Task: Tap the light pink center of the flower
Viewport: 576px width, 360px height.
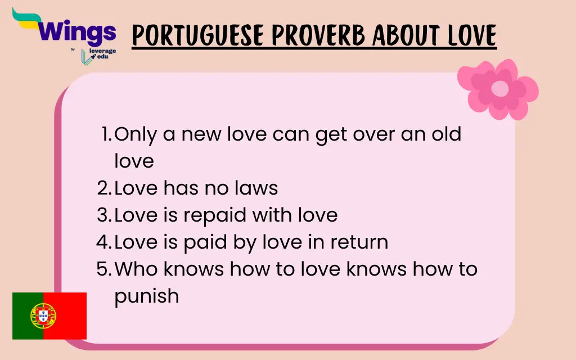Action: tap(499, 89)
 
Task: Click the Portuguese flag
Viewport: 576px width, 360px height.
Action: tap(49, 316)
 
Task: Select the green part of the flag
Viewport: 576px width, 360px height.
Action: tap(26, 316)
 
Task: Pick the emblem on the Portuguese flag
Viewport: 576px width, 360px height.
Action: tap(43, 316)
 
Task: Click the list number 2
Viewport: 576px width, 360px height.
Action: tap(103, 188)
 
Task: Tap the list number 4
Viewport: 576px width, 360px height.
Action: tap(103, 242)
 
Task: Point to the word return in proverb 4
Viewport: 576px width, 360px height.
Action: tap(359, 242)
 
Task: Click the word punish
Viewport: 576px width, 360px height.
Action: tap(146, 295)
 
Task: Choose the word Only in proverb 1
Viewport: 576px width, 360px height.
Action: tap(136, 134)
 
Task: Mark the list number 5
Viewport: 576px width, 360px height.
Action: tap(103, 269)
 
